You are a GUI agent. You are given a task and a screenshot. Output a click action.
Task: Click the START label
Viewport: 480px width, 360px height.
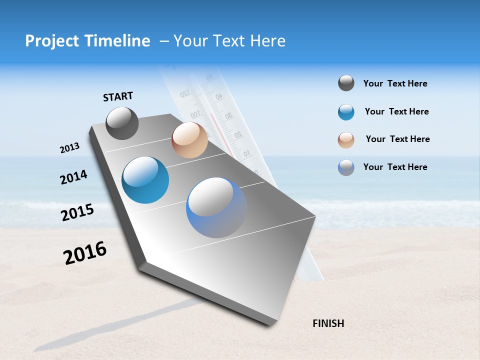[x=118, y=96]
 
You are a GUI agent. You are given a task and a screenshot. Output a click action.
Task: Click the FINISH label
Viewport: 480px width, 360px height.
[x=328, y=323]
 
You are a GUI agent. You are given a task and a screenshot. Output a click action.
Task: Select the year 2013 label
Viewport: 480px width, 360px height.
[x=69, y=148]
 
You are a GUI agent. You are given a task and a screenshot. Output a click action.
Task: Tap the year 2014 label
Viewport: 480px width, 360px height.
[x=73, y=177]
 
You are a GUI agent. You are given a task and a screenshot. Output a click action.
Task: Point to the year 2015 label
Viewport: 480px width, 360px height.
[x=77, y=212]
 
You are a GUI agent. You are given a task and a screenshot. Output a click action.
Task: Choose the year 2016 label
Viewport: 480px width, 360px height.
[x=85, y=252]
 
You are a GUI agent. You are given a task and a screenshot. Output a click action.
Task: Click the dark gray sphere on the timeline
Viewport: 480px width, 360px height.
[x=122, y=123]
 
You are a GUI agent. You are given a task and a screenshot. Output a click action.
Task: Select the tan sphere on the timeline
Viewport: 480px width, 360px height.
[x=189, y=140]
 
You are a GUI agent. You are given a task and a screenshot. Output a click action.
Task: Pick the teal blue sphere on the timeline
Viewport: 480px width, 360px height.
[x=145, y=180]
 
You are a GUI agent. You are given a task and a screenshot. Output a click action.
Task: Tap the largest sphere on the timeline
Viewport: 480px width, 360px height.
[x=216, y=207]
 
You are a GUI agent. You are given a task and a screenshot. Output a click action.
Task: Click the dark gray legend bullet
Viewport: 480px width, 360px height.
[x=346, y=83]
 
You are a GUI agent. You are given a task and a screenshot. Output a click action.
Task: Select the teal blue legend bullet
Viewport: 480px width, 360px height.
[x=346, y=112]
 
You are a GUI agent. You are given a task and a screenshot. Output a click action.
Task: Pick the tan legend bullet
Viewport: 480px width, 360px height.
[x=346, y=139]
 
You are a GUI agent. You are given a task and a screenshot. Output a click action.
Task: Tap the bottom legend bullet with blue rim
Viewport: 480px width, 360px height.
[x=346, y=167]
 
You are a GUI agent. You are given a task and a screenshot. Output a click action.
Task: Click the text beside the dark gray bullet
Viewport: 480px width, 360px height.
[x=395, y=83]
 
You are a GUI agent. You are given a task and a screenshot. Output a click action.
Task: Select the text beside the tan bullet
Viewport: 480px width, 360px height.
[x=397, y=139]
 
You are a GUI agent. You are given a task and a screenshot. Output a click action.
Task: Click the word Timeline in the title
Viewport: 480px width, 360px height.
[x=119, y=41]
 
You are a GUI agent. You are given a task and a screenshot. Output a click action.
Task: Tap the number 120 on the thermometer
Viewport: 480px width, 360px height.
[x=185, y=93]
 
